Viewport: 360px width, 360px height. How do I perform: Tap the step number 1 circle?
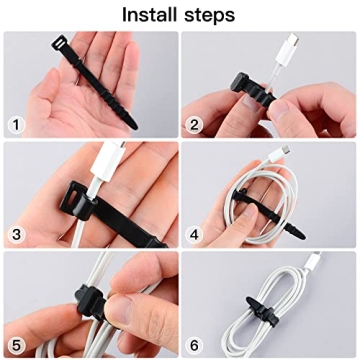[x=17, y=124]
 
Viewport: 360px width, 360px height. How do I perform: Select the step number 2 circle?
[x=197, y=124]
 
